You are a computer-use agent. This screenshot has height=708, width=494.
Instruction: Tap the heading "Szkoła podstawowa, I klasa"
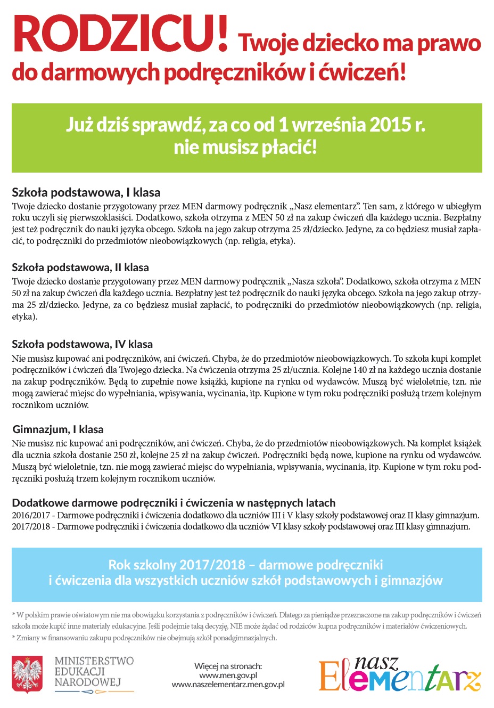pyautogui.click(x=86, y=192)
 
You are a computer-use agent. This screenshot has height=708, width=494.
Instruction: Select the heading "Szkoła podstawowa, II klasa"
pyautogui.click(x=80, y=267)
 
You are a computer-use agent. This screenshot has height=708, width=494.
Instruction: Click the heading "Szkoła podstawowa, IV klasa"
pyautogui.click(x=82, y=344)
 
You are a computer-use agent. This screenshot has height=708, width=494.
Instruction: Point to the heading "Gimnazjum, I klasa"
pyautogui.click(x=58, y=429)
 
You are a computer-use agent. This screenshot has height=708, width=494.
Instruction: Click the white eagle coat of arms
pyautogui.click(x=27, y=674)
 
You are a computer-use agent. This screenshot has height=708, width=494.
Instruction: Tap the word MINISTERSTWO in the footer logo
pyautogui.click(x=94, y=661)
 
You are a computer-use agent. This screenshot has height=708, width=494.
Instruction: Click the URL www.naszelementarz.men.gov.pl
pyautogui.click(x=228, y=685)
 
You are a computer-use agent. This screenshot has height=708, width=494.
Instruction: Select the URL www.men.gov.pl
pyautogui.click(x=228, y=676)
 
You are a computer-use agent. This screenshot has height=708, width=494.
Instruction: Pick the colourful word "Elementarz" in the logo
pyautogui.click(x=399, y=678)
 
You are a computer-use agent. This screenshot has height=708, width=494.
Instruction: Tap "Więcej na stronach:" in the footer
pyautogui.click(x=228, y=666)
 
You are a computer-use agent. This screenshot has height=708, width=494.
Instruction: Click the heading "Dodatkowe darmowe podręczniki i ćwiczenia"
pyautogui.click(x=174, y=503)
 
